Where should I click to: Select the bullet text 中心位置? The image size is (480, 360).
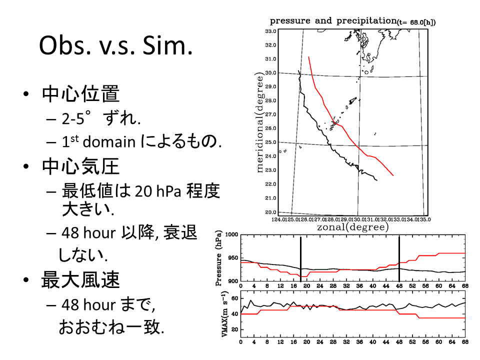pyautogui.click(x=80, y=94)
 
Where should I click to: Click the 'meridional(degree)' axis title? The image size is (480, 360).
pyautogui.click(x=260, y=122)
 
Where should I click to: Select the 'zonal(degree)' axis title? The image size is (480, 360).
pyautogui.click(x=352, y=227)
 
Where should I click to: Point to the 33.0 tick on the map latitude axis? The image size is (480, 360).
pyautogui.click(x=271, y=31)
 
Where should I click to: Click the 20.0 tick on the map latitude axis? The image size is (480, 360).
pyautogui.click(x=271, y=212)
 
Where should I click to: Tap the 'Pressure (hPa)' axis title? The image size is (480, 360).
pyautogui.click(x=218, y=258)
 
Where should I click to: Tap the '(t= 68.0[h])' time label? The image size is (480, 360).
pyautogui.click(x=416, y=22)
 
